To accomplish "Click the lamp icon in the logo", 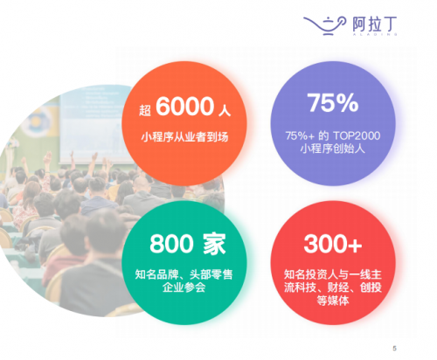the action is tap(324, 25).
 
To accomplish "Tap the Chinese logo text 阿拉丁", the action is tap(374, 24).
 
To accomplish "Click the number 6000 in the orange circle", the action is tap(185, 106).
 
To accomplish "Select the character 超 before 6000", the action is tap(145, 110).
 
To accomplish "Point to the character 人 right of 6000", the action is tap(225, 111).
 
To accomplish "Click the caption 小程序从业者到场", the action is tap(184, 137).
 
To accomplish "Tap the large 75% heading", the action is tap(333, 102).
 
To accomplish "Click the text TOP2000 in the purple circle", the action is tap(357, 135).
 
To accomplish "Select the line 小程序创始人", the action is tap(333, 149).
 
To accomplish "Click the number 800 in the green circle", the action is tap(171, 244).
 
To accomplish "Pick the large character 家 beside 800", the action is tap(214, 244).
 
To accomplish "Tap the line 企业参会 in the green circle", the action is tap(184, 287).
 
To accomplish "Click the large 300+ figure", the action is tap(333, 244).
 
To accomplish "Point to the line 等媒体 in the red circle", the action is tap(333, 301).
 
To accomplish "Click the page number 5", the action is tap(394, 348).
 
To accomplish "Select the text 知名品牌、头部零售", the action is tap(184, 274).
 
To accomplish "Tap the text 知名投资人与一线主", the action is tap(333, 274).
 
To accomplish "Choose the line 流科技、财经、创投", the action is tap(333, 287).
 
